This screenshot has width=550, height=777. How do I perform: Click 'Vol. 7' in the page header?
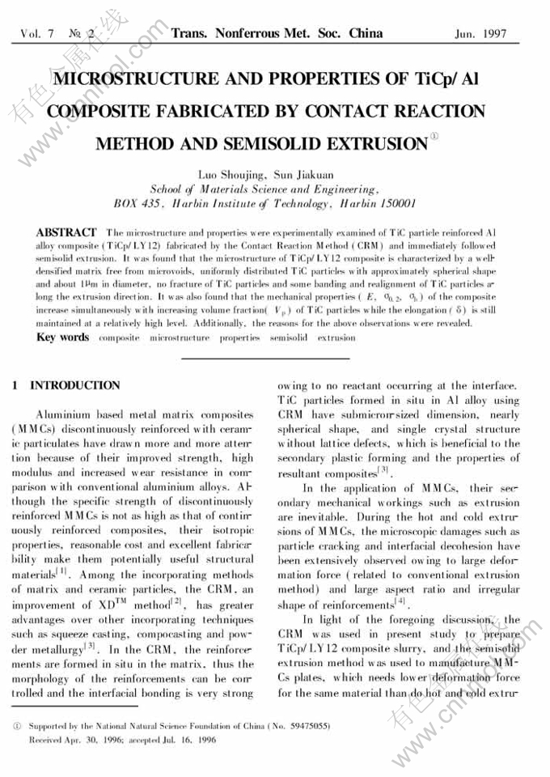point(37,34)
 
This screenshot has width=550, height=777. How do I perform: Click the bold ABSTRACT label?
point(67,232)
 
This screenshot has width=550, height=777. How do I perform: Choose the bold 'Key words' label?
point(63,337)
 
